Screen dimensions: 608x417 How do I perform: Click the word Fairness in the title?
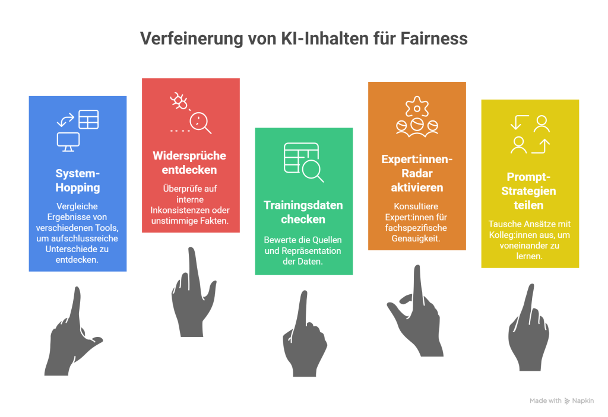pyautogui.click(x=434, y=39)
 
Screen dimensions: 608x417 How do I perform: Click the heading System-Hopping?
pyautogui.click(x=78, y=180)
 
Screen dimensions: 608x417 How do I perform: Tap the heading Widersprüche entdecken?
pyautogui.click(x=189, y=163)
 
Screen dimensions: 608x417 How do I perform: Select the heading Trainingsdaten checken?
pyautogui.click(x=303, y=212)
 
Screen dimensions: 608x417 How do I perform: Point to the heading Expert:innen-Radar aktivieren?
pyautogui.click(x=417, y=173)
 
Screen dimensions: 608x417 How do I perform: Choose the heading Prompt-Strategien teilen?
pyautogui.click(x=529, y=190)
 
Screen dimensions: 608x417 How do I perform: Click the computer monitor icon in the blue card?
pyautogui.click(x=68, y=142)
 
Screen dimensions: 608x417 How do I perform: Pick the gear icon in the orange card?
pyautogui.click(x=417, y=107)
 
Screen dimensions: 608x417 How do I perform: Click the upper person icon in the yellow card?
pyautogui.click(x=541, y=124)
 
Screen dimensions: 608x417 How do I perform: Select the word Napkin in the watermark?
pyautogui.click(x=583, y=401)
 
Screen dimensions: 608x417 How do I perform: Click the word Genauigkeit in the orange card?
pyautogui.click(x=416, y=238)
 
